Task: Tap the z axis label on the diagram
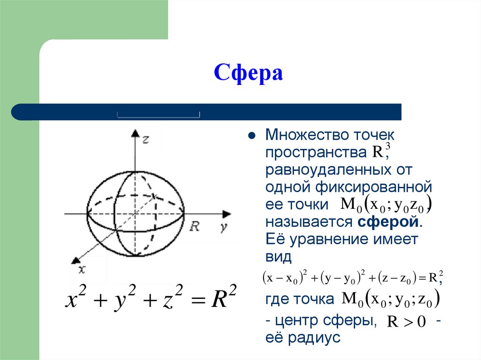tap(146, 139)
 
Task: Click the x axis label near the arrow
tap(82, 269)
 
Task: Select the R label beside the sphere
tap(194, 227)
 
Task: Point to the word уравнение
tap(329, 239)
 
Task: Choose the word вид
tap(279, 256)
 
